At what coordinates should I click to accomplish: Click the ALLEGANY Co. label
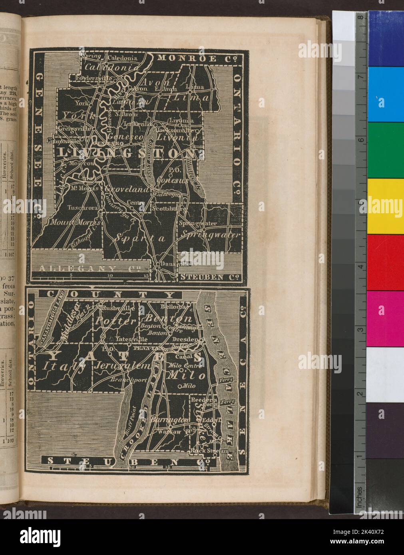(92, 268)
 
